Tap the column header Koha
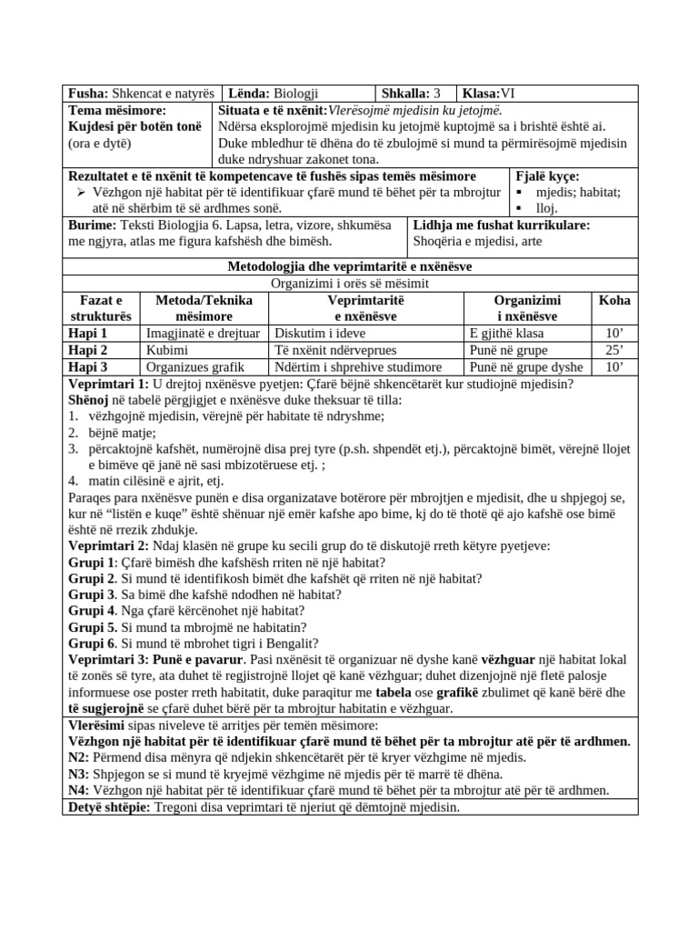[x=614, y=300]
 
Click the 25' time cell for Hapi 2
[x=614, y=350]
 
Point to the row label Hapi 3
[x=89, y=367]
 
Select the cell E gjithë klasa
[x=504, y=333]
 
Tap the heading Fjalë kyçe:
[x=547, y=176]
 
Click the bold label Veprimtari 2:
[x=114, y=546]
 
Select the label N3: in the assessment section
[x=79, y=775]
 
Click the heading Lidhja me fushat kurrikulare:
[x=501, y=225]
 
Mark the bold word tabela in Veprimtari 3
[x=391, y=693]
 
